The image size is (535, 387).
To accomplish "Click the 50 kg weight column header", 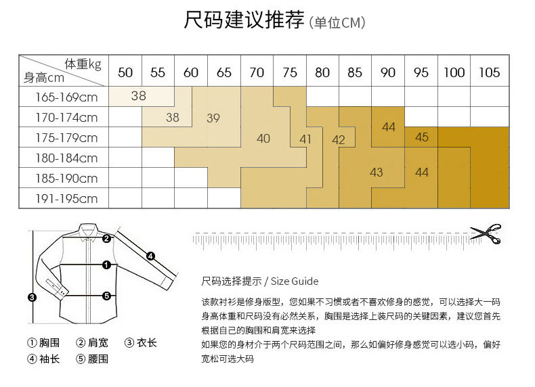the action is (125, 72).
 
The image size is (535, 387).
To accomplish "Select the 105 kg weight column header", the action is (489, 72).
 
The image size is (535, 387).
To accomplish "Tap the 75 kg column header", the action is (290, 72).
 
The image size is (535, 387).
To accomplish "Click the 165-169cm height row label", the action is (66, 97).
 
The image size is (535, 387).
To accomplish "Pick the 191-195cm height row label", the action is (66, 199).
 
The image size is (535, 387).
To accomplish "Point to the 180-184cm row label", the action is (66, 158).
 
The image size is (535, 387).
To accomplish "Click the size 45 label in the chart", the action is (422, 137).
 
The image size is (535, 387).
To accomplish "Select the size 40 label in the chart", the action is (263, 139).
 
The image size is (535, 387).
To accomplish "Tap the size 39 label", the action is (213, 118).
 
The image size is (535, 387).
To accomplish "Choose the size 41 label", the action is (305, 139).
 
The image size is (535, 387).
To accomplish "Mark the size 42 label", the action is (339, 140).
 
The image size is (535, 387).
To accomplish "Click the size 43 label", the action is (377, 173).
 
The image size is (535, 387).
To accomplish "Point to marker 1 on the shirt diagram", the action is (106, 265).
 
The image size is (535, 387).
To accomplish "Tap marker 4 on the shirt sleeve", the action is (150, 256).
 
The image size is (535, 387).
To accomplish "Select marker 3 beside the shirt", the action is (31, 296).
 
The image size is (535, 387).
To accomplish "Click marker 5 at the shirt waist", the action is (106, 296).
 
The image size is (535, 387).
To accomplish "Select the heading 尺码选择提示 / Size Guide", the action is (260, 281).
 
